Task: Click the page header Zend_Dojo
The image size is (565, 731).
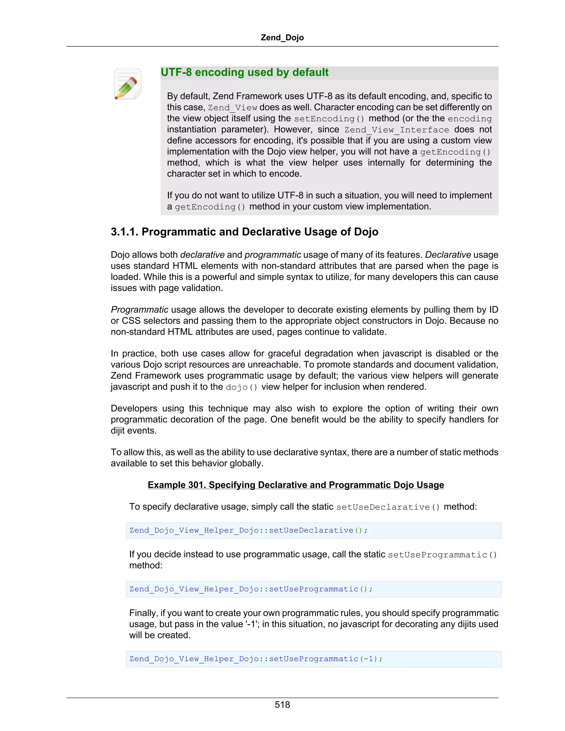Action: click(282, 38)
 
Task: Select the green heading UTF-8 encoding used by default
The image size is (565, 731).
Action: click(244, 72)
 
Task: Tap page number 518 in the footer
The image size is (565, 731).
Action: click(282, 705)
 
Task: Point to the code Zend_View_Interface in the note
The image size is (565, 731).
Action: click(397, 130)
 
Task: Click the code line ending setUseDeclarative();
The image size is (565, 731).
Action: click(248, 530)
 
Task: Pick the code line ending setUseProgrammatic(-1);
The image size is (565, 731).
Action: click(256, 659)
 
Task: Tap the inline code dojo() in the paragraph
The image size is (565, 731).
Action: click(241, 387)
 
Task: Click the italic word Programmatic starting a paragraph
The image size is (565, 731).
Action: click(140, 310)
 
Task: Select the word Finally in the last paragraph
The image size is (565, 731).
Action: click(143, 613)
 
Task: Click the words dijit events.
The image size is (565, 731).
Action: click(134, 430)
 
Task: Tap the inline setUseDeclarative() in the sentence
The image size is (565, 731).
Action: click(388, 507)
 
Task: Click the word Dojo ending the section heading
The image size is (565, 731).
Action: click(367, 232)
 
